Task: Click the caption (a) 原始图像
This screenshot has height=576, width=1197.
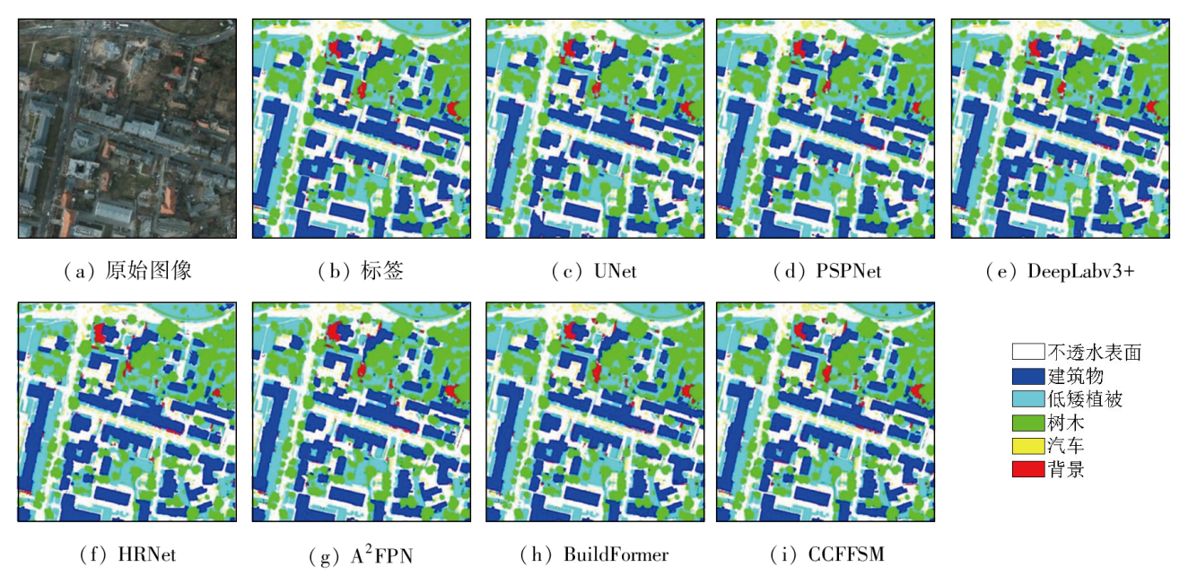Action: (x=128, y=270)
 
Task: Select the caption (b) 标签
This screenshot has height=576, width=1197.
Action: (x=361, y=270)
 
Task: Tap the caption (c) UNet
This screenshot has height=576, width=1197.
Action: (x=594, y=270)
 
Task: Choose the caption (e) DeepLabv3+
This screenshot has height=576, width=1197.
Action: (x=1060, y=270)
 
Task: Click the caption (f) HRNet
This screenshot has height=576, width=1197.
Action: (x=127, y=554)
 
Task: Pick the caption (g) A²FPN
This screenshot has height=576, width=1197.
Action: (x=361, y=554)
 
